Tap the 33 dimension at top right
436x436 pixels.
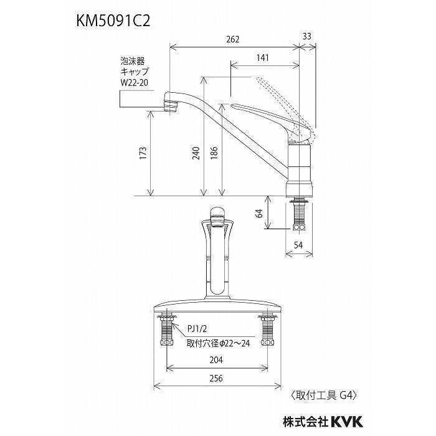(x=306, y=37)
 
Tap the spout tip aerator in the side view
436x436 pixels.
(x=170, y=102)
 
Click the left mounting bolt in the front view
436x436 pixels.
(x=166, y=331)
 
